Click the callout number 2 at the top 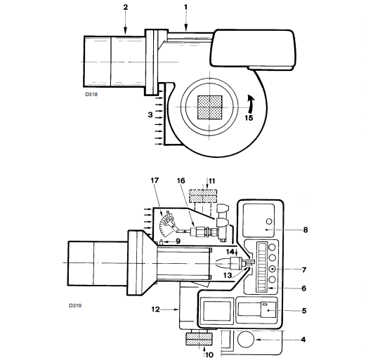126,8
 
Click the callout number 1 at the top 186,8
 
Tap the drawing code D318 91,94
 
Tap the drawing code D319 75,305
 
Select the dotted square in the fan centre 210,107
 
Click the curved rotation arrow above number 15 251,104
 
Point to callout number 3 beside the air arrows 150,114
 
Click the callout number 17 155,180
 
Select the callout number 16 181,180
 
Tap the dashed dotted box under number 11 203,196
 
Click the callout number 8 306,230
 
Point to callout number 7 304,269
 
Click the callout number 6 304,288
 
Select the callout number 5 304,311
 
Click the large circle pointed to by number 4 246,339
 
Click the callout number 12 155,309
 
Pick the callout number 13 228,275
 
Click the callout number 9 178,241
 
